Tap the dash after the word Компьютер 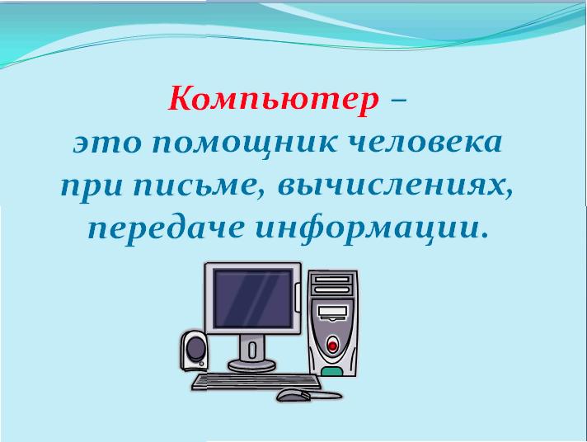(x=397, y=101)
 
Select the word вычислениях (x=395, y=186)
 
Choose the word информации (x=367, y=230)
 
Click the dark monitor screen (x=253, y=299)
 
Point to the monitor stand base (x=251, y=364)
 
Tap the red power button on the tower (x=331, y=344)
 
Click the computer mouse (x=293, y=394)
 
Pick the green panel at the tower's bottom (x=331, y=372)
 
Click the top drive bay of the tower (x=332, y=280)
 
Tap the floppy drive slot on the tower (x=332, y=311)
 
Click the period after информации (x=485, y=236)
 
